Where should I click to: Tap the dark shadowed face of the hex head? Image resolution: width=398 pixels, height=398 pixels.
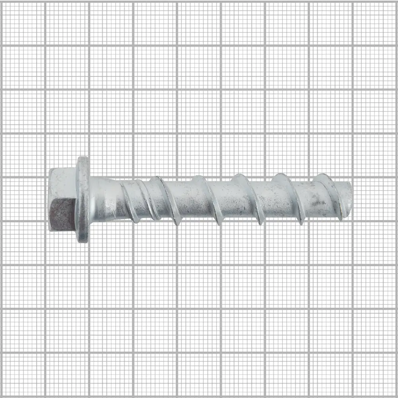click(x=62, y=215)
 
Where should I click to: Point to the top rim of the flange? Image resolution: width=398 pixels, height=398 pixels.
click(x=83, y=158)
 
